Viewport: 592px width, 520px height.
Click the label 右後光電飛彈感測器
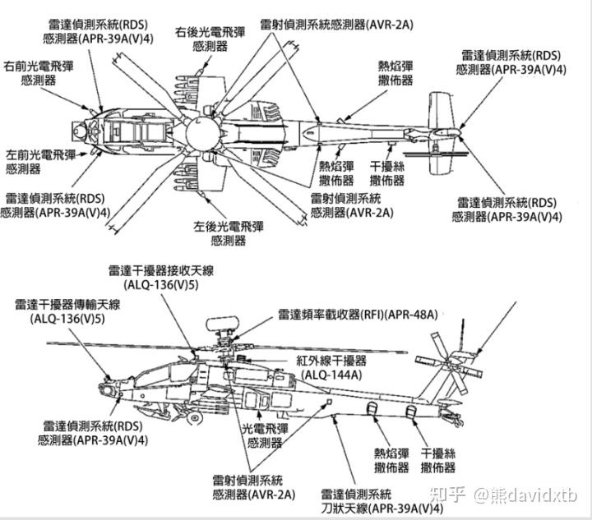pos(210,39)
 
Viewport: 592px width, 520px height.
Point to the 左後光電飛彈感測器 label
pos(228,232)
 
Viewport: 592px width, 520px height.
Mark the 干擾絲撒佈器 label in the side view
pos(438,460)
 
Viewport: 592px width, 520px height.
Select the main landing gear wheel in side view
pos(195,418)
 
